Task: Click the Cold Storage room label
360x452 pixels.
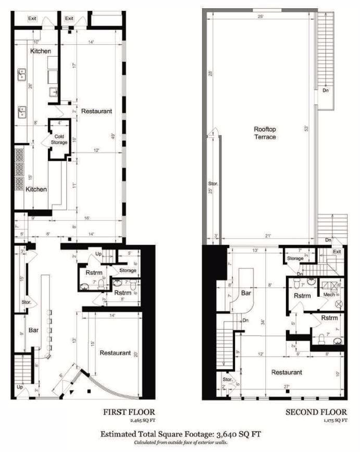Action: [59, 139]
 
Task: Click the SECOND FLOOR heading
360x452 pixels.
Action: [316, 412]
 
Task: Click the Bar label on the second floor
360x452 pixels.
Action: [247, 294]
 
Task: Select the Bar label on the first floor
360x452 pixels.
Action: [33, 330]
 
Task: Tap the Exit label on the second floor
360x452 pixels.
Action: [337, 252]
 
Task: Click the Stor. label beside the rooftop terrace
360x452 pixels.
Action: [213, 184]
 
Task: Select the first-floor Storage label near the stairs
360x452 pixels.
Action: [128, 270]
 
